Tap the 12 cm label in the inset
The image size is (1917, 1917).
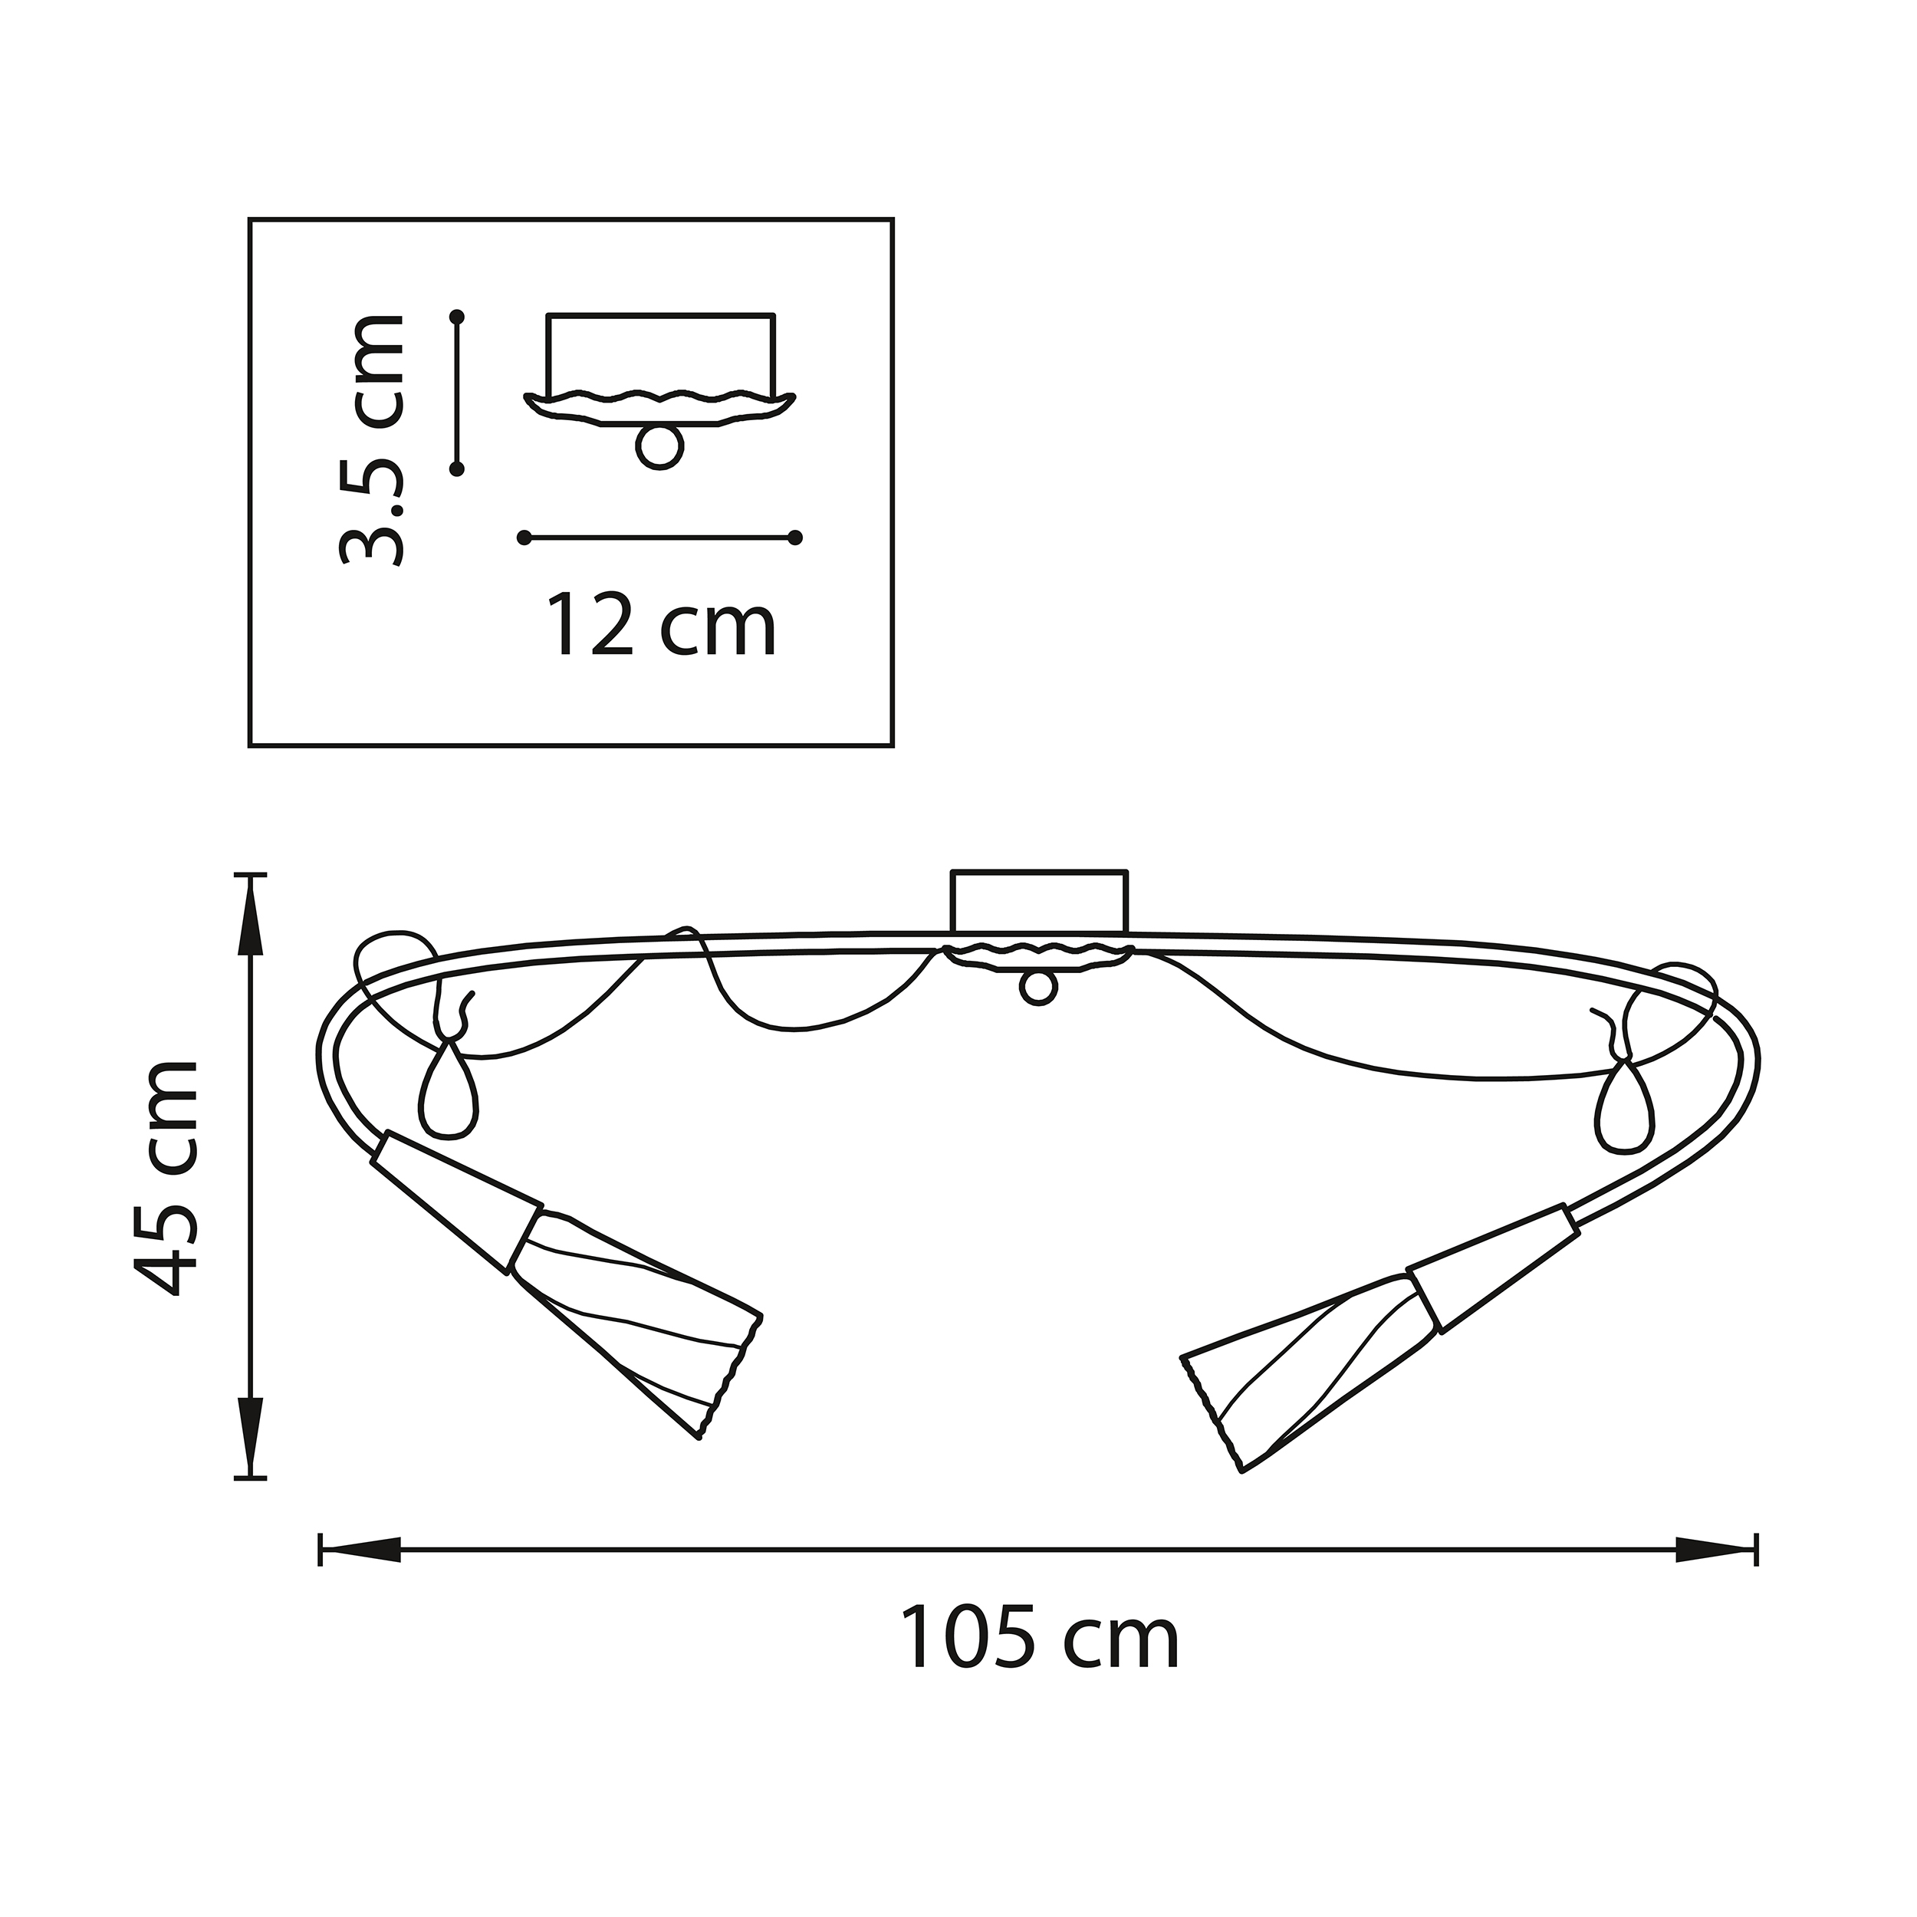pos(660,625)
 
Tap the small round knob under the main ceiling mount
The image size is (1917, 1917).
pos(1038,989)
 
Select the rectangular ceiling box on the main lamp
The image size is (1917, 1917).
pos(1039,901)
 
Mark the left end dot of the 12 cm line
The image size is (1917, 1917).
pos(524,538)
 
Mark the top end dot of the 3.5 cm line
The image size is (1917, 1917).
pos(458,317)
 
